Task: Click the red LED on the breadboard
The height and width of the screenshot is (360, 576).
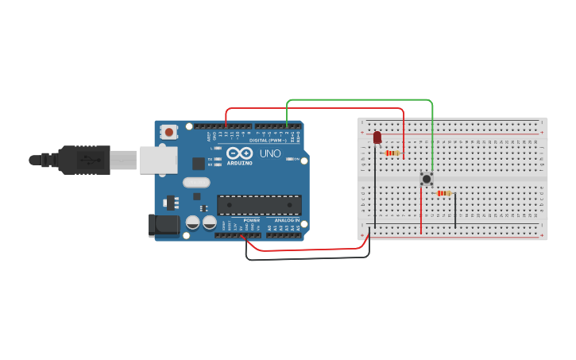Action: (377, 138)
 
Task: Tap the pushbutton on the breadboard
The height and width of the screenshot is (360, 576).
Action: (427, 179)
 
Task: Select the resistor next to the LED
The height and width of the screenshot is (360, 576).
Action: (392, 153)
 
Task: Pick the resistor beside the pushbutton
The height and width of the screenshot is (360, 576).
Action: (443, 193)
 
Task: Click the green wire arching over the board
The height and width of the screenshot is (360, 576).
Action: (358, 100)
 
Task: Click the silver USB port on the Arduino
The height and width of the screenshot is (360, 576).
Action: (158, 160)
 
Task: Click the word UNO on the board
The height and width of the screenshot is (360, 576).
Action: (270, 153)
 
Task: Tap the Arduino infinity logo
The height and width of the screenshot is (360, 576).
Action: (239, 153)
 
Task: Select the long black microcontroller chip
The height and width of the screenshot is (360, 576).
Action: (259, 204)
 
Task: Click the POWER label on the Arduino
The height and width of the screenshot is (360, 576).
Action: (252, 220)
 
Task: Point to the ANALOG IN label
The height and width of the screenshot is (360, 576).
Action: (287, 220)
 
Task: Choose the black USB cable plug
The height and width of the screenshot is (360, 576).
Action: (83, 160)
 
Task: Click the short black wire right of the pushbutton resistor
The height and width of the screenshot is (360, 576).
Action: (455, 211)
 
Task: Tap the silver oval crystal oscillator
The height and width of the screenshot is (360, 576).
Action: (196, 182)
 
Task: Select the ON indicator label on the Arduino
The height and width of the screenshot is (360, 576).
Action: (296, 159)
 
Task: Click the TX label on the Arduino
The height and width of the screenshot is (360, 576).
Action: (210, 159)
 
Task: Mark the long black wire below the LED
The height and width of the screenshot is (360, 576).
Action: (370, 191)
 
